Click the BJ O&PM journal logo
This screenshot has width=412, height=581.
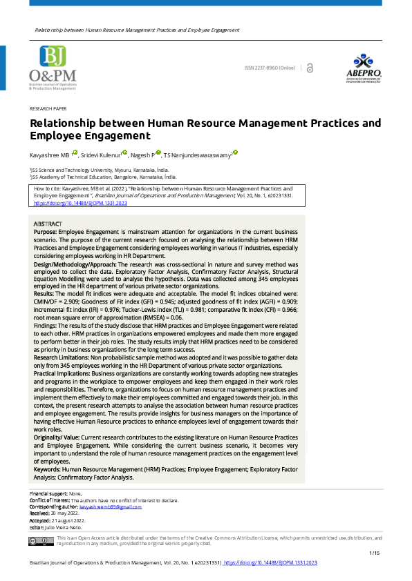(x=53, y=68)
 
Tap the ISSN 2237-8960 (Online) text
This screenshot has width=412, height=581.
(x=270, y=68)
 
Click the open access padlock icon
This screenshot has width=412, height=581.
(x=309, y=68)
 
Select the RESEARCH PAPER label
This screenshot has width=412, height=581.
(x=48, y=109)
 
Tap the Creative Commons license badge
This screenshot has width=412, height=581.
(x=37, y=541)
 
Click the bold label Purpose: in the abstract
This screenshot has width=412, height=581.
(x=45, y=233)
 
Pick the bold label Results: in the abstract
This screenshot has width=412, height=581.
(x=45, y=293)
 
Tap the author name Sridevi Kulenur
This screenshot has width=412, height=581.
(x=100, y=155)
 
